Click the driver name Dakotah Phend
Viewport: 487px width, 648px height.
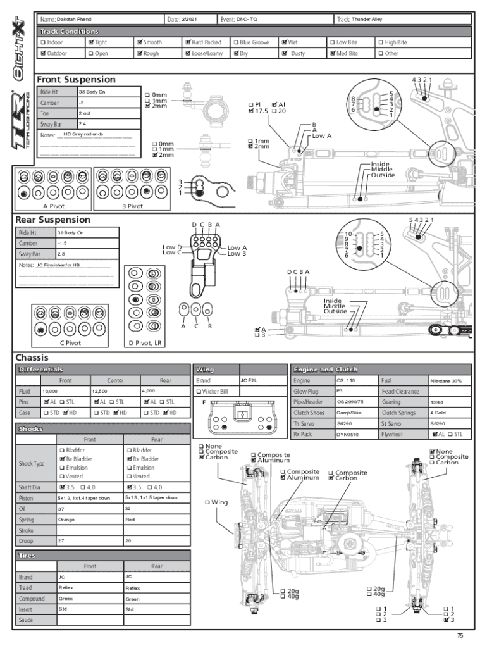(74, 20)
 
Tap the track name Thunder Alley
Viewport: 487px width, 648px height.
(367, 20)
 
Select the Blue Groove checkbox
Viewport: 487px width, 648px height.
(236, 42)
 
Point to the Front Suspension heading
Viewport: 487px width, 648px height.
(76, 80)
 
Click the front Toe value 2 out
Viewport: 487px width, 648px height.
(84, 113)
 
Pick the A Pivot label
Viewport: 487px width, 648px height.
(53, 206)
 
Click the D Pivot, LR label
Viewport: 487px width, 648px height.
(145, 343)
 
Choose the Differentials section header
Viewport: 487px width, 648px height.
(40, 369)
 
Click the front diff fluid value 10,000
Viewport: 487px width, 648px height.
(50, 392)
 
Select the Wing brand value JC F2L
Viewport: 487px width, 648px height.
(248, 381)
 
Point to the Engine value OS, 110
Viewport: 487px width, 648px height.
(346, 381)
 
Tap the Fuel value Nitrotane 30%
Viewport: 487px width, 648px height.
(446, 381)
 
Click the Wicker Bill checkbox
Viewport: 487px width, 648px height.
(199, 392)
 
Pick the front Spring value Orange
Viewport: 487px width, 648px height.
(66, 520)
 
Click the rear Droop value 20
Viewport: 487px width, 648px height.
(128, 541)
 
